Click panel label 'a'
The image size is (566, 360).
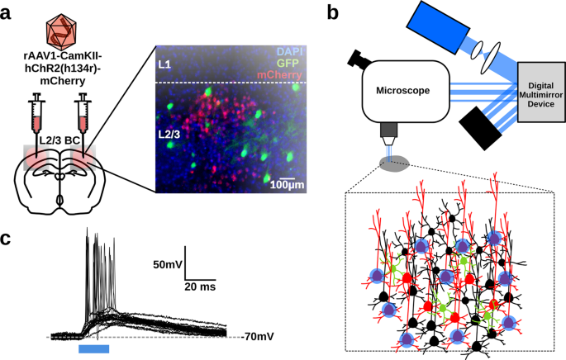click(x=7, y=12)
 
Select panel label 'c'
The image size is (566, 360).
click(x=7, y=240)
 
